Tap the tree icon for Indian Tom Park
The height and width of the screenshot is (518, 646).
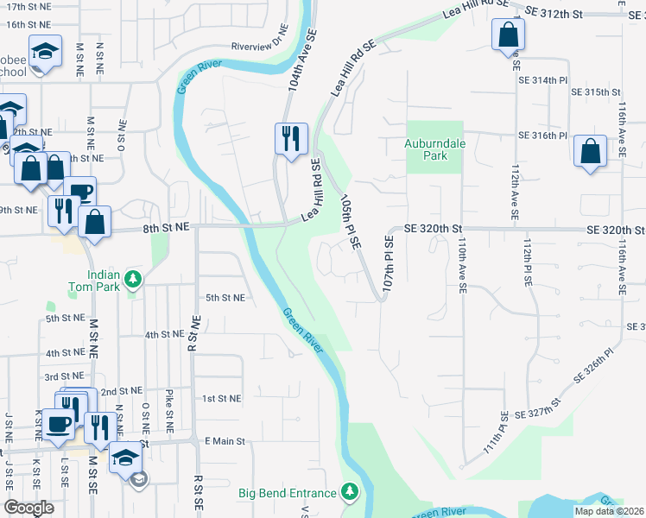(x=133, y=278)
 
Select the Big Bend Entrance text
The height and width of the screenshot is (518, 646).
(x=288, y=493)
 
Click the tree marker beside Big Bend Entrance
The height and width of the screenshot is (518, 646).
(x=349, y=492)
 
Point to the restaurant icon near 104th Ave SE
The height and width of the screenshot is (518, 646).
(x=290, y=137)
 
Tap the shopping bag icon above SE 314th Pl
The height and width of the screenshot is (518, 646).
(x=508, y=35)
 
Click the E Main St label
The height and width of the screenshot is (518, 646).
(x=225, y=440)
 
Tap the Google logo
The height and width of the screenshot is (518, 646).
(x=28, y=507)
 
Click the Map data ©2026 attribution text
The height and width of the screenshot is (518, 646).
(x=609, y=512)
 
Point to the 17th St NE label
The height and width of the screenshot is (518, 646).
(x=28, y=6)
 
